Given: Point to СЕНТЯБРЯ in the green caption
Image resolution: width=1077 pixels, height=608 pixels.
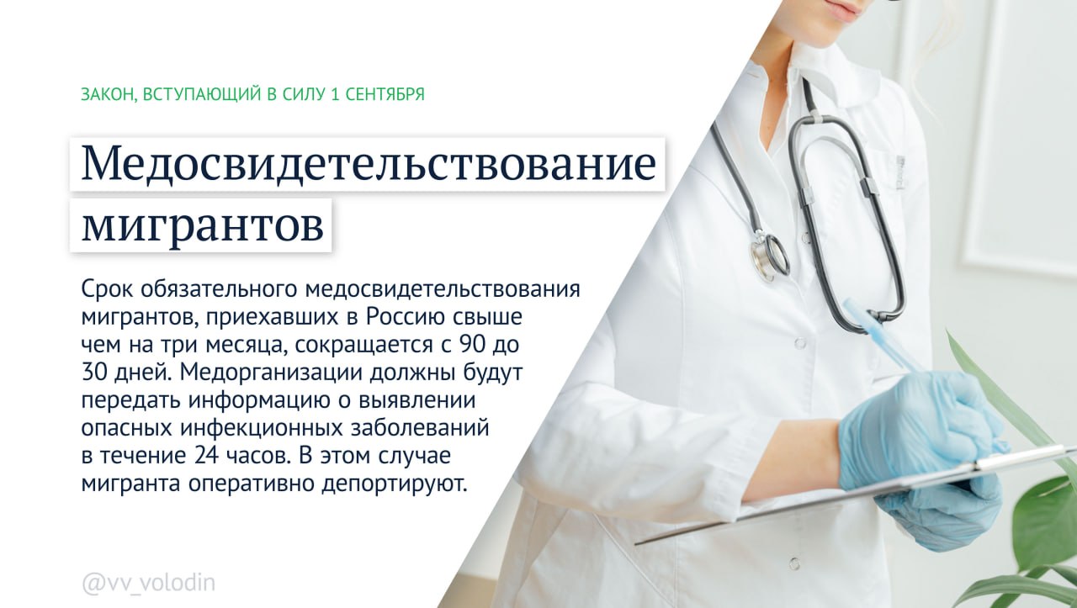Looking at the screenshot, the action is coord(385,94).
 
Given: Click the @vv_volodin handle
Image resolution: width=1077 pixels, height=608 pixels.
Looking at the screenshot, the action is coord(149,584).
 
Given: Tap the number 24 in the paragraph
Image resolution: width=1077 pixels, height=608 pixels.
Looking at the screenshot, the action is coord(208,455).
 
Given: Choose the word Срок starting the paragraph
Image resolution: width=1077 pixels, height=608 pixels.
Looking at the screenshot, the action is coord(107,290).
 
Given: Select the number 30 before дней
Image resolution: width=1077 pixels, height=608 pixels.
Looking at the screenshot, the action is coord(94,373).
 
